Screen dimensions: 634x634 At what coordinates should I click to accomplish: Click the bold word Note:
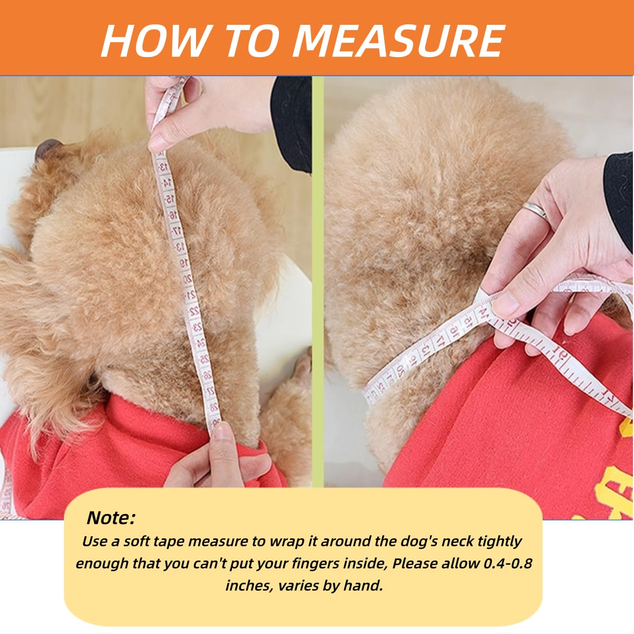click(111, 518)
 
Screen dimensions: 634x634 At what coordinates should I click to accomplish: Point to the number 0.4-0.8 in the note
click(508, 563)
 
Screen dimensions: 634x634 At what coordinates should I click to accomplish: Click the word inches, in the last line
click(250, 585)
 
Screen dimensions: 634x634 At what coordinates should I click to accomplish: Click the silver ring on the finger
click(535, 210)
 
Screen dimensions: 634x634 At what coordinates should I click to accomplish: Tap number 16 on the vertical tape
click(172, 215)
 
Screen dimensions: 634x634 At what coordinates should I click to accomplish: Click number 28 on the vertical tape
click(214, 407)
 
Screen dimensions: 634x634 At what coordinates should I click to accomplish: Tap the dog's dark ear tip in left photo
click(48, 148)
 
